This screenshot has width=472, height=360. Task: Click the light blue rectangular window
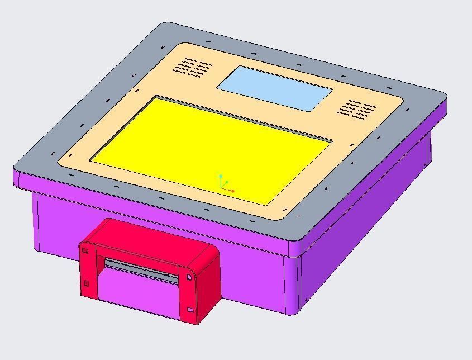[x=274, y=88]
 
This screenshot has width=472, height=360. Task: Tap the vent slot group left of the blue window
[x=193, y=67]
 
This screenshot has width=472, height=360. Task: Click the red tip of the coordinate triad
[x=233, y=191]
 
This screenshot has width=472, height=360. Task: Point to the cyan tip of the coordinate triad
[x=221, y=176]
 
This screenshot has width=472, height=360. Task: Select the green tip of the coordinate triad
[x=227, y=182]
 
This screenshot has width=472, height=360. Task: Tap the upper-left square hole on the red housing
[x=85, y=250]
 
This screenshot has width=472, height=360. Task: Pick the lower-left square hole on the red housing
[x=86, y=284]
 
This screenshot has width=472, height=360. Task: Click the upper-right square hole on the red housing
[x=189, y=277]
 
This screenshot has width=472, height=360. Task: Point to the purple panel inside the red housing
[x=140, y=293]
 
